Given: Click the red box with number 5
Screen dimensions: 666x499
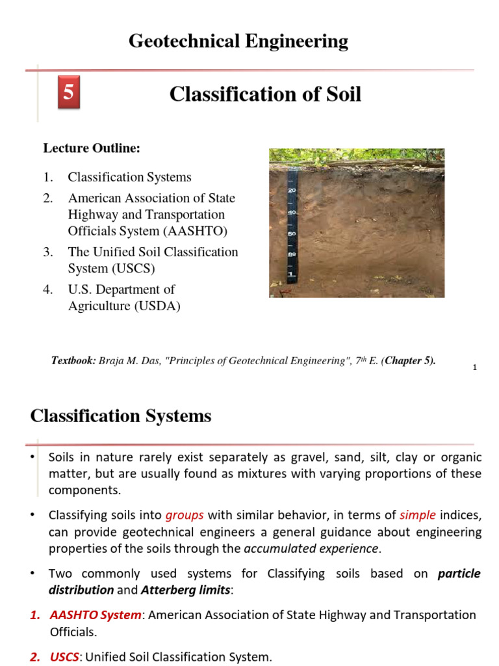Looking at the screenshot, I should tap(68, 94).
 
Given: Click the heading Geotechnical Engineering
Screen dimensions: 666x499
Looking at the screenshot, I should tap(238, 42).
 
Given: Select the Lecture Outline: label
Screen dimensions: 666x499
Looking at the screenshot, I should tap(92, 148).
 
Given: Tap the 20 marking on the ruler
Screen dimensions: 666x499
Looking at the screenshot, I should tap(292, 190).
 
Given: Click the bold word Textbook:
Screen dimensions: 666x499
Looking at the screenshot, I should tap(73, 360).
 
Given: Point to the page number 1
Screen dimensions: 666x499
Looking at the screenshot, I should tap(475, 368).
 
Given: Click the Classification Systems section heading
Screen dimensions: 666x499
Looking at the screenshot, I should tap(121, 416).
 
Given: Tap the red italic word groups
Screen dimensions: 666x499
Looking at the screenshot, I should tap(185, 515).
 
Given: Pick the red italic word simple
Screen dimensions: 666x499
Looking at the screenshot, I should tap(417, 515).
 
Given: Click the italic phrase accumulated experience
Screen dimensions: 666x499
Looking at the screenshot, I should tap(311, 548).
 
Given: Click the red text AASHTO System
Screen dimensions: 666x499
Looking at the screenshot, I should tap(96, 615).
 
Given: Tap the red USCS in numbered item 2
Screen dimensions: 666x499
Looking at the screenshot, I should tap(64, 657).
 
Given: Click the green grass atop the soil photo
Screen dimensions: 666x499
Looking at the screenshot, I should tap(357, 155).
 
